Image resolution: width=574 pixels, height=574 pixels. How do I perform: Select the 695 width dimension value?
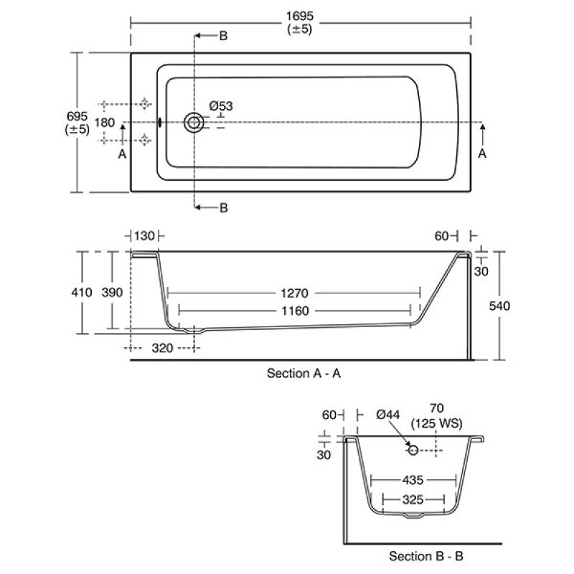[x=77, y=116]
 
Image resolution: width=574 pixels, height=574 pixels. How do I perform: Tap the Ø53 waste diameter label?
[x=221, y=106]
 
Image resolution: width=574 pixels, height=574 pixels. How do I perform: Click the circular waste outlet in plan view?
[x=193, y=123]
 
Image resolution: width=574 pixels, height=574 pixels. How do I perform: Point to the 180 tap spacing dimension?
[x=105, y=123]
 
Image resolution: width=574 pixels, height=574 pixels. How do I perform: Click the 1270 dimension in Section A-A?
[x=293, y=293]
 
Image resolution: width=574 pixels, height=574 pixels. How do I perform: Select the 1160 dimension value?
[x=295, y=311]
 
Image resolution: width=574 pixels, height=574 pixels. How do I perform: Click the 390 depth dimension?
[x=113, y=292]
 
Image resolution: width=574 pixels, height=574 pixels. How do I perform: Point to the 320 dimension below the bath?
[x=163, y=349]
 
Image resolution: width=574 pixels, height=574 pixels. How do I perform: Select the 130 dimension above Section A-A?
[x=144, y=236]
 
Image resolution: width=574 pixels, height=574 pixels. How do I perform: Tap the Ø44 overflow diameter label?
[x=387, y=415]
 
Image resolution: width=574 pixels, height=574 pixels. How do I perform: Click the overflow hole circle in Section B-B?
[x=413, y=450]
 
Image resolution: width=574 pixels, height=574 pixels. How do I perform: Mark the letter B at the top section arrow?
[x=223, y=36]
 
